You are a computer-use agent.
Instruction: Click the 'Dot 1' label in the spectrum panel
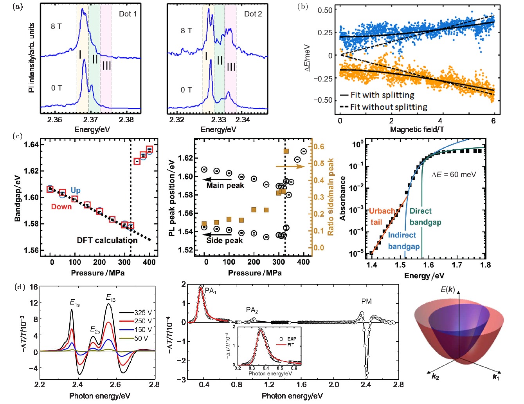[x=128, y=14]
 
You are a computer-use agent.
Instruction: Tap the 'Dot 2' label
[x=253, y=14]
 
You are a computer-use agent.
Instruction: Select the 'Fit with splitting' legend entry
[x=382, y=95]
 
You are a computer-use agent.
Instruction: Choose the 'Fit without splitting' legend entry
[x=388, y=107]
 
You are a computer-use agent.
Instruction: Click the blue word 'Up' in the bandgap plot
[x=76, y=190]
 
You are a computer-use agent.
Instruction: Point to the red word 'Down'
[x=61, y=207]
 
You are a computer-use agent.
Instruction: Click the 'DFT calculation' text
[x=107, y=240]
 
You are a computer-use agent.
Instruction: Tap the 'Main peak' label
[x=225, y=185]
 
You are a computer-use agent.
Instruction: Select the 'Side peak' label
[x=224, y=240]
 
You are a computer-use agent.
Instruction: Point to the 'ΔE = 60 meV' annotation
[x=454, y=174]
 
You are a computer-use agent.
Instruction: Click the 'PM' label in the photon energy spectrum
[x=366, y=301]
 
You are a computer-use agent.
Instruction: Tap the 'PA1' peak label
[x=211, y=291]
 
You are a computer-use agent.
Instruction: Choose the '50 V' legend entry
[x=141, y=338]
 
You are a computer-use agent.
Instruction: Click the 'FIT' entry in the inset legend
[x=291, y=345]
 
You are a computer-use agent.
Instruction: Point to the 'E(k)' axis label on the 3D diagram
[x=448, y=290]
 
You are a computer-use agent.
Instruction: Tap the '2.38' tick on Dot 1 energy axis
[x=126, y=120]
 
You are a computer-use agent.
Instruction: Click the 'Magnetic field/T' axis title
[x=417, y=129]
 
